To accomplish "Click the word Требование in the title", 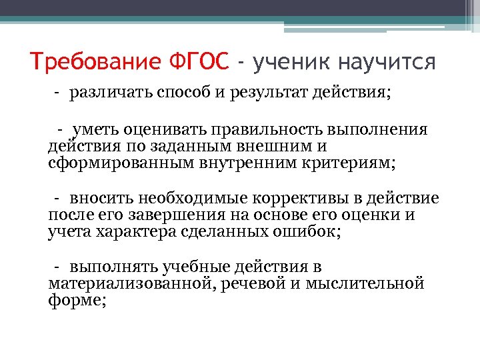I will point(95,63).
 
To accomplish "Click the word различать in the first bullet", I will point(111,92).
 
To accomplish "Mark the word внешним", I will point(263,146).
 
